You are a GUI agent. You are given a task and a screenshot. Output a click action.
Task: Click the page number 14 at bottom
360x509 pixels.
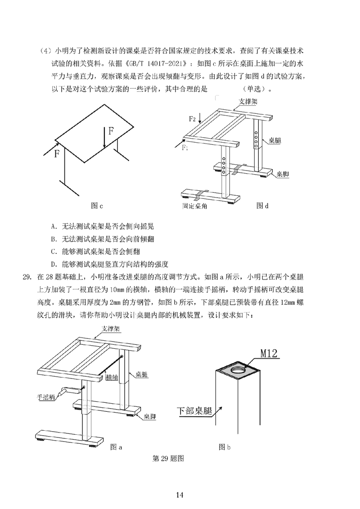point(180,495)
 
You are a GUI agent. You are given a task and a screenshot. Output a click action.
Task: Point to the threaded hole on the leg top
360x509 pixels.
point(238,369)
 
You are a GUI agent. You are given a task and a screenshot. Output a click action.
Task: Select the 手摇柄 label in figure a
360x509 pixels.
point(46,397)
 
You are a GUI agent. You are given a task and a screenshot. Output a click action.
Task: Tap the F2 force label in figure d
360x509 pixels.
point(192,119)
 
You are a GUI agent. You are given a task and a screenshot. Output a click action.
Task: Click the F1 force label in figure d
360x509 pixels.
point(185,147)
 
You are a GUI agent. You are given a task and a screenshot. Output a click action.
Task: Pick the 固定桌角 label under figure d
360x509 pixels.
point(194,206)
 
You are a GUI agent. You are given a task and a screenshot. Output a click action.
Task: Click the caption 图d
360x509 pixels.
point(262,206)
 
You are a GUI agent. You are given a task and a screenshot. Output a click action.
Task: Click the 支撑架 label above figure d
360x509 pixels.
point(247,102)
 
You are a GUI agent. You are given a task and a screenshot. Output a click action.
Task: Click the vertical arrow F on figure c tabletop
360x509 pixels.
point(104,137)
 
